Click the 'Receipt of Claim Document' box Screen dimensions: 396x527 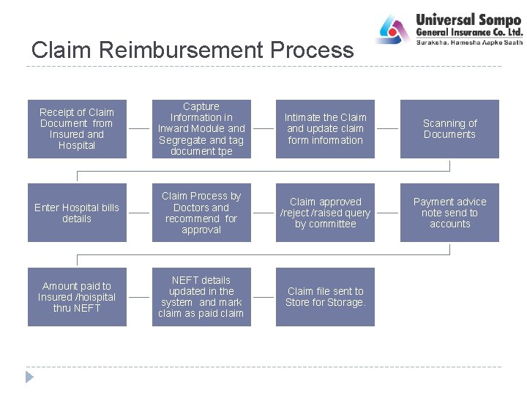[77, 129]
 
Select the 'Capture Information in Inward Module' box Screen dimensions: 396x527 [201, 129]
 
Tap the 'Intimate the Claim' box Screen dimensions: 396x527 [326, 129]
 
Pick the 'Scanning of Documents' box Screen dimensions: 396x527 [449, 129]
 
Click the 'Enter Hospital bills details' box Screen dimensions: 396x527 [77, 213]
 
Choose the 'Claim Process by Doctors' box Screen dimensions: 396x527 [201, 213]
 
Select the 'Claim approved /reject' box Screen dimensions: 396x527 [326, 213]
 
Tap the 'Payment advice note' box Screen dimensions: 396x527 [449, 213]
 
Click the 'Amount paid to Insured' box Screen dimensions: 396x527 [77, 297]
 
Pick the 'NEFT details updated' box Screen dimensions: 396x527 [201, 297]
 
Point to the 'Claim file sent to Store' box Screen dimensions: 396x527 [326, 297]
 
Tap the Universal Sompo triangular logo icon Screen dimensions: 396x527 [394, 29]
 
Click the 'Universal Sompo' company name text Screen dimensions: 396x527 [468, 20]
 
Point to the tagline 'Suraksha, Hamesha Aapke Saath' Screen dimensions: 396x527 [469, 43]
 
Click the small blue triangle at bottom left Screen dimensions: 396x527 [29, 377]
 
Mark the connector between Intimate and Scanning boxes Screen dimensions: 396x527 [387, 129]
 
